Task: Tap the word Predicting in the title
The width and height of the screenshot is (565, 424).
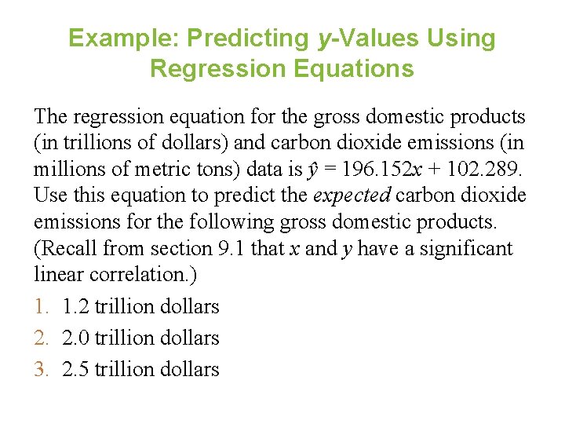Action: click(244, 38)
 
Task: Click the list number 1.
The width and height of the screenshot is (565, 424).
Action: click(42, 306)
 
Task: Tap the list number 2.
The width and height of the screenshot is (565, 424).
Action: click(42, 338)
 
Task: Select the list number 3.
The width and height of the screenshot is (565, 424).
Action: click(42, 369)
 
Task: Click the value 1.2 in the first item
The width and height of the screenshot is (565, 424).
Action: click(75, 306)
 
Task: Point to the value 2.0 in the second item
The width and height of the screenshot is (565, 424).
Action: click(75, 338)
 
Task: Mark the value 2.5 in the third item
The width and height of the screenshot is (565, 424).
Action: click(75, 369)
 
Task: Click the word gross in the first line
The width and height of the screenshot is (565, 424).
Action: click(341, 117)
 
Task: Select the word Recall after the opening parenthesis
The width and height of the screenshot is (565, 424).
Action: click(72, 249)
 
